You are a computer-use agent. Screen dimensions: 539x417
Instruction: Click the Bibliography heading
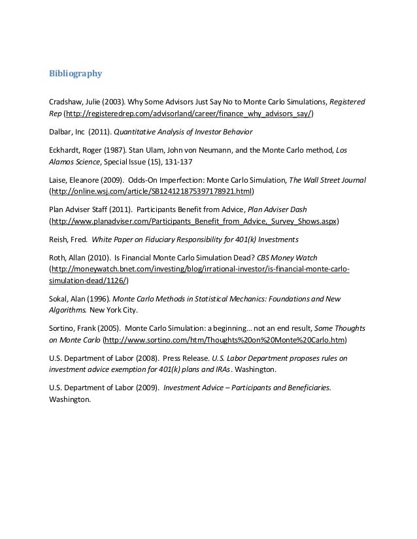(76, 74)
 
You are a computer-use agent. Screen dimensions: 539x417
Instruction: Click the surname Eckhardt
(66, 150)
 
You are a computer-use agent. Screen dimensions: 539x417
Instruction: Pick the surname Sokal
(60, 300)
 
